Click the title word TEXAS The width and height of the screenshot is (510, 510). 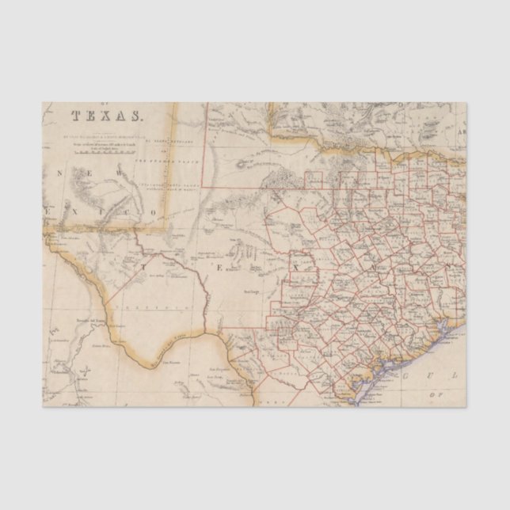[x=108, y=116]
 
